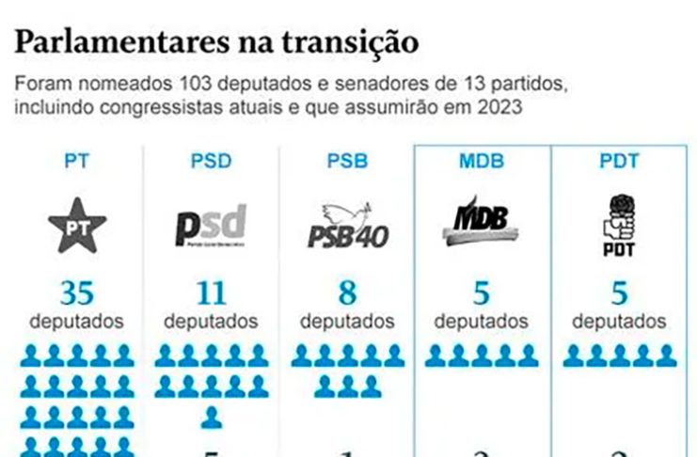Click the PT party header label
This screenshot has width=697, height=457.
[77, 161]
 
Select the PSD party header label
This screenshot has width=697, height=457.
[211, 161]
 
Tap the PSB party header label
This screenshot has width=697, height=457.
[347, 161]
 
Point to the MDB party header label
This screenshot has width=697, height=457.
[482, 161]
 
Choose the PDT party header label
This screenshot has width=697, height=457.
[619, 161]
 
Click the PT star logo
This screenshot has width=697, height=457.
[77, 225]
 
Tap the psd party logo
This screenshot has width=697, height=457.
[211, 226]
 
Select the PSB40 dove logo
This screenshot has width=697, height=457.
[347, 226]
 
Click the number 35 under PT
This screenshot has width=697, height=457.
[77, 293]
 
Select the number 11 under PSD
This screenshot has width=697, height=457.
[211, 293]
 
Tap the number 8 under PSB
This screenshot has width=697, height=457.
[347, 293]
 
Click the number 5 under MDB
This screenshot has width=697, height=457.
[482, 293]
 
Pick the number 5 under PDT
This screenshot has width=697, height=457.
[619, 293]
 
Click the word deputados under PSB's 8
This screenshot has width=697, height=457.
[347, 322]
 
